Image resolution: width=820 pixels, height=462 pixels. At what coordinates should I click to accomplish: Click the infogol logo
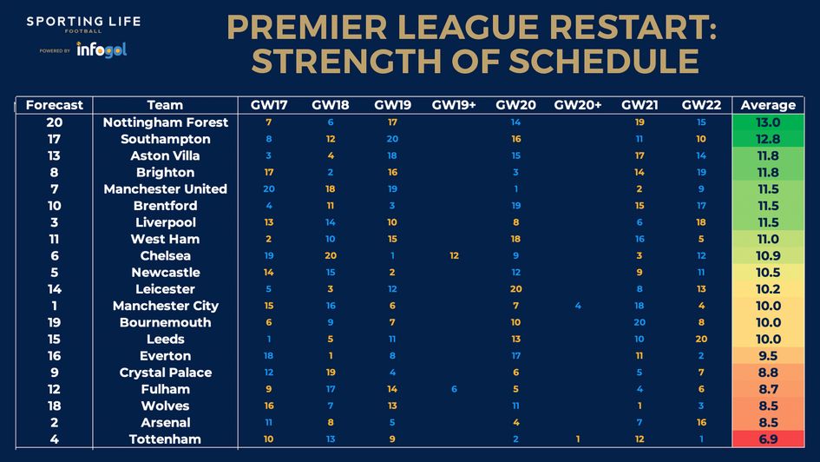point(102,49)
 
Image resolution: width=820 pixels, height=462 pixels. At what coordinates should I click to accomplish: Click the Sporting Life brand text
point(83,21)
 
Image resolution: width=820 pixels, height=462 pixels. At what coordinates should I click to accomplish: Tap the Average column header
point(768,105)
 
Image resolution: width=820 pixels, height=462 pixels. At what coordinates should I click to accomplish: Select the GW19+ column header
point(454,105)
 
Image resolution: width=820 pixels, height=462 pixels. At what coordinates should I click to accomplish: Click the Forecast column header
point(55,105)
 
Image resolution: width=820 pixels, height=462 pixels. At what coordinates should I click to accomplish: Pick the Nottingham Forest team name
point(165,122)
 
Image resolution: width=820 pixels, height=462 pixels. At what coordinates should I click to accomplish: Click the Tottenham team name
point(165,439)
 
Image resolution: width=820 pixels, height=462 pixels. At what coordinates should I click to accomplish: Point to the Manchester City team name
point(165,306)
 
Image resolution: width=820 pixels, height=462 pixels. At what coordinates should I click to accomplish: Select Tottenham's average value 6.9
point(768,439)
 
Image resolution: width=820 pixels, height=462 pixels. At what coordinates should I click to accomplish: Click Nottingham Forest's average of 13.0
point(768,122)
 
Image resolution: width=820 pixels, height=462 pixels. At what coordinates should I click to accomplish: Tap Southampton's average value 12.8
point(768,139)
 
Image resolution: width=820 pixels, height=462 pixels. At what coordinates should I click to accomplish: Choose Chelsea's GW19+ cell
point(454,255)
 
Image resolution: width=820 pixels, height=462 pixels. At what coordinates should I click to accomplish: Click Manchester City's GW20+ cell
point(577,306)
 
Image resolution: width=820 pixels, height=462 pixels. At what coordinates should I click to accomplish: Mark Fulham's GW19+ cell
point(454,389)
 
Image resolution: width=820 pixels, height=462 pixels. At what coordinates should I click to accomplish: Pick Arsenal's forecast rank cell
point(55,422)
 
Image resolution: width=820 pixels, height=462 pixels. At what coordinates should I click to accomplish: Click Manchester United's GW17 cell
point(269,189)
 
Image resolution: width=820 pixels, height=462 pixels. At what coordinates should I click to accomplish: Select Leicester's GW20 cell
point(516,289)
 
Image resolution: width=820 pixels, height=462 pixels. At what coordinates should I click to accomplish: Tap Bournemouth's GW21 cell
point(640,322)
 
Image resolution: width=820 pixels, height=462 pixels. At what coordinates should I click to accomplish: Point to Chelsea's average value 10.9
point(768,255)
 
